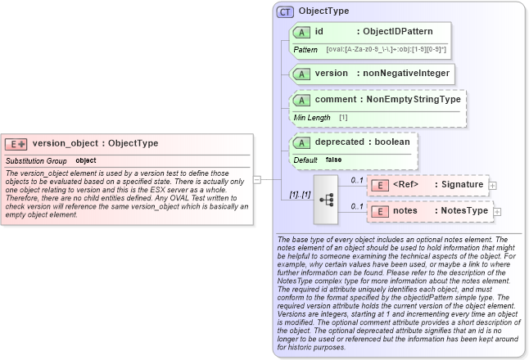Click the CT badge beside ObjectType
tap(285, 11)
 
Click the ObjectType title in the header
tap(323, 11)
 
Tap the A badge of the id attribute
tap(301, 32)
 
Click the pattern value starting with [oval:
tap(386, 50)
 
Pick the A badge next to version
tap(301, 74)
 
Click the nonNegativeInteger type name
tap(406, 74)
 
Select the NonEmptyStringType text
tap(413, 99)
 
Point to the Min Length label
tap(312, 117)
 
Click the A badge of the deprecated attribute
tap(301, 142)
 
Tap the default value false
tap(333, 160)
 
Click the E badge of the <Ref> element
tap(380, 185)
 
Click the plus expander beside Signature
tap(492, 186)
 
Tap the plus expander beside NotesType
tap(497, 212)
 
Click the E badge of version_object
tap(16, 144)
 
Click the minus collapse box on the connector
tap(256, 179)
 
